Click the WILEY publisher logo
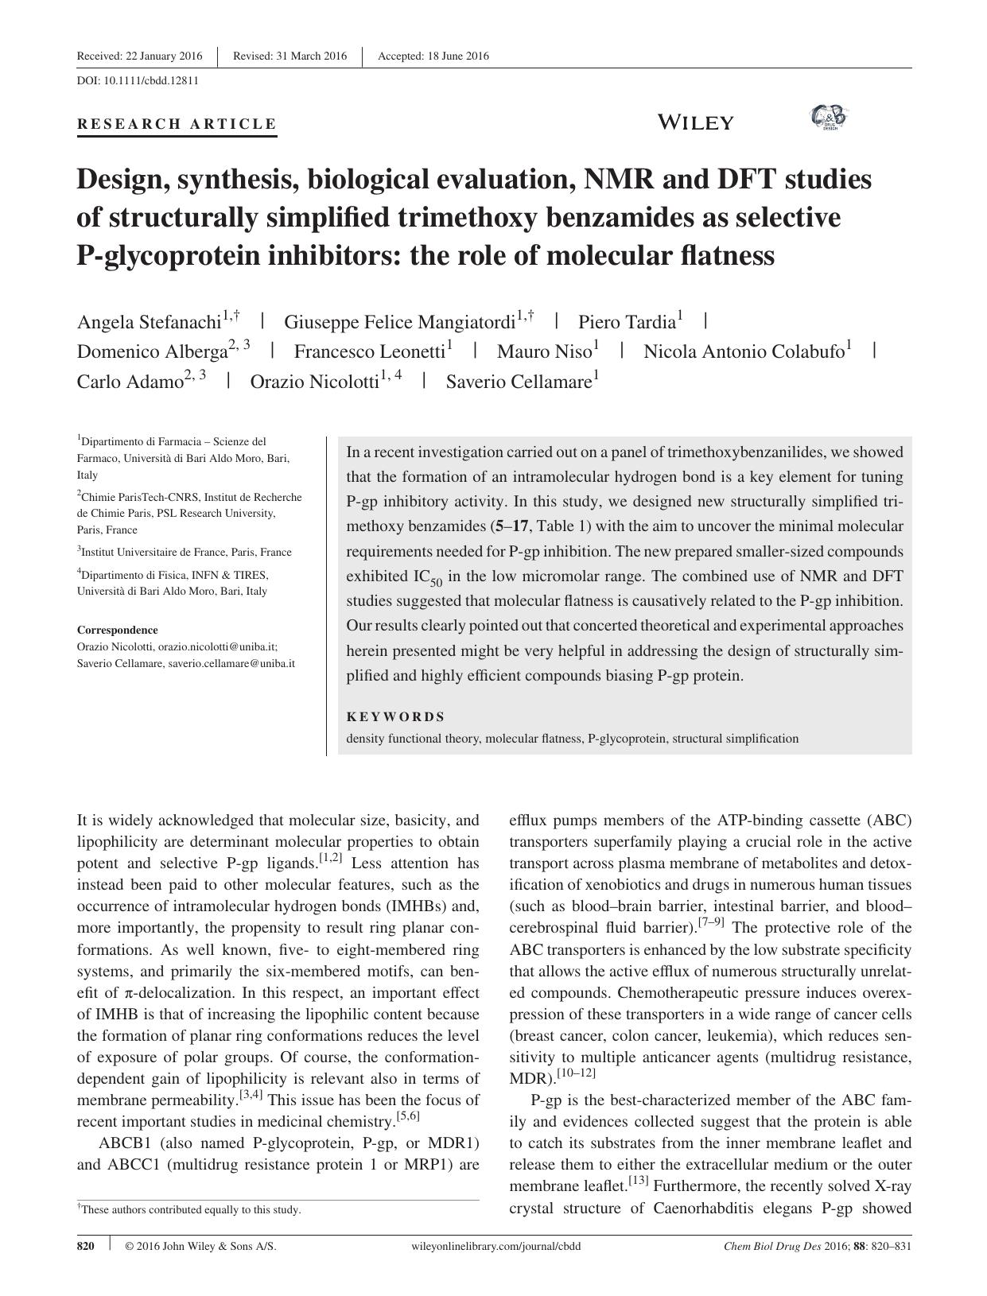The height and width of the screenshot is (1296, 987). pyautogui.click(x=695, y=122)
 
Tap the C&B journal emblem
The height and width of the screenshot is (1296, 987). pyautogui.click(x=829, y=118)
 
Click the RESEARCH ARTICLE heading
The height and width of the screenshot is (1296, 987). pyautogui.click(x=177, y=124)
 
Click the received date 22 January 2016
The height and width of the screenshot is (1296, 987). pyautogui.click(x=140, y=56)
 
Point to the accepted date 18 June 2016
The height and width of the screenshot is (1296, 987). pyautogui.click(x=433, y=56)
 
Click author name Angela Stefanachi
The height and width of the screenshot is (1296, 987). pyautogui.click(x=148, y=322)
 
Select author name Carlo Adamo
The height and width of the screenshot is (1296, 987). pyautogui.click(x=130, y=382)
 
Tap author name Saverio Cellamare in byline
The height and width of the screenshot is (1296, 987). pyautogui.click(x=519, y=382)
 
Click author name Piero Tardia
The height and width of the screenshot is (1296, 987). pyautogui.click(x=626, y=322)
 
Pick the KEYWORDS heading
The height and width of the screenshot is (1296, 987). pyautogui.click(x=395, y=716)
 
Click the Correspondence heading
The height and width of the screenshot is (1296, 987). pyautogui.click(x=117, y=630)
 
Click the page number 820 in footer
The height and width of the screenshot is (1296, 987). pyautogui.click(x=86, y=1246)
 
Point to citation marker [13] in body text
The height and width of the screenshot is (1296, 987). pyautogui.click(x=639, y=1182)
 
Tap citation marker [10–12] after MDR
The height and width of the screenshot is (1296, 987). pyautogui.click(x=576, y=1074)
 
